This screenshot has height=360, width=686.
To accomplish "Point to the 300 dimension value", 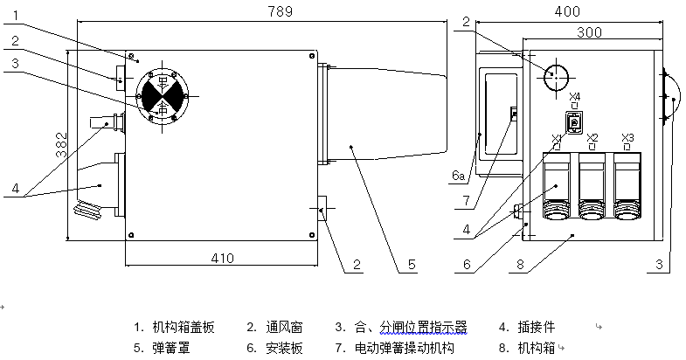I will pyautogui.click(x=588, y=31).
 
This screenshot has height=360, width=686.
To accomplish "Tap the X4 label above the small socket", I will pyautogui.click(x=574, y=96).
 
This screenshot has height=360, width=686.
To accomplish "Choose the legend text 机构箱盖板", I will pyautogui.click(x=183, y=328).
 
